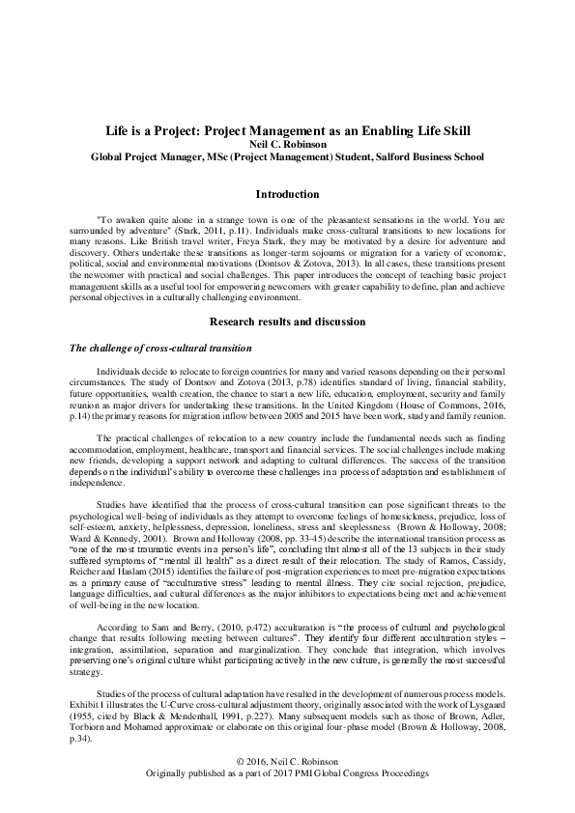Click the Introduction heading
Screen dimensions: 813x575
tap(287, 194)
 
